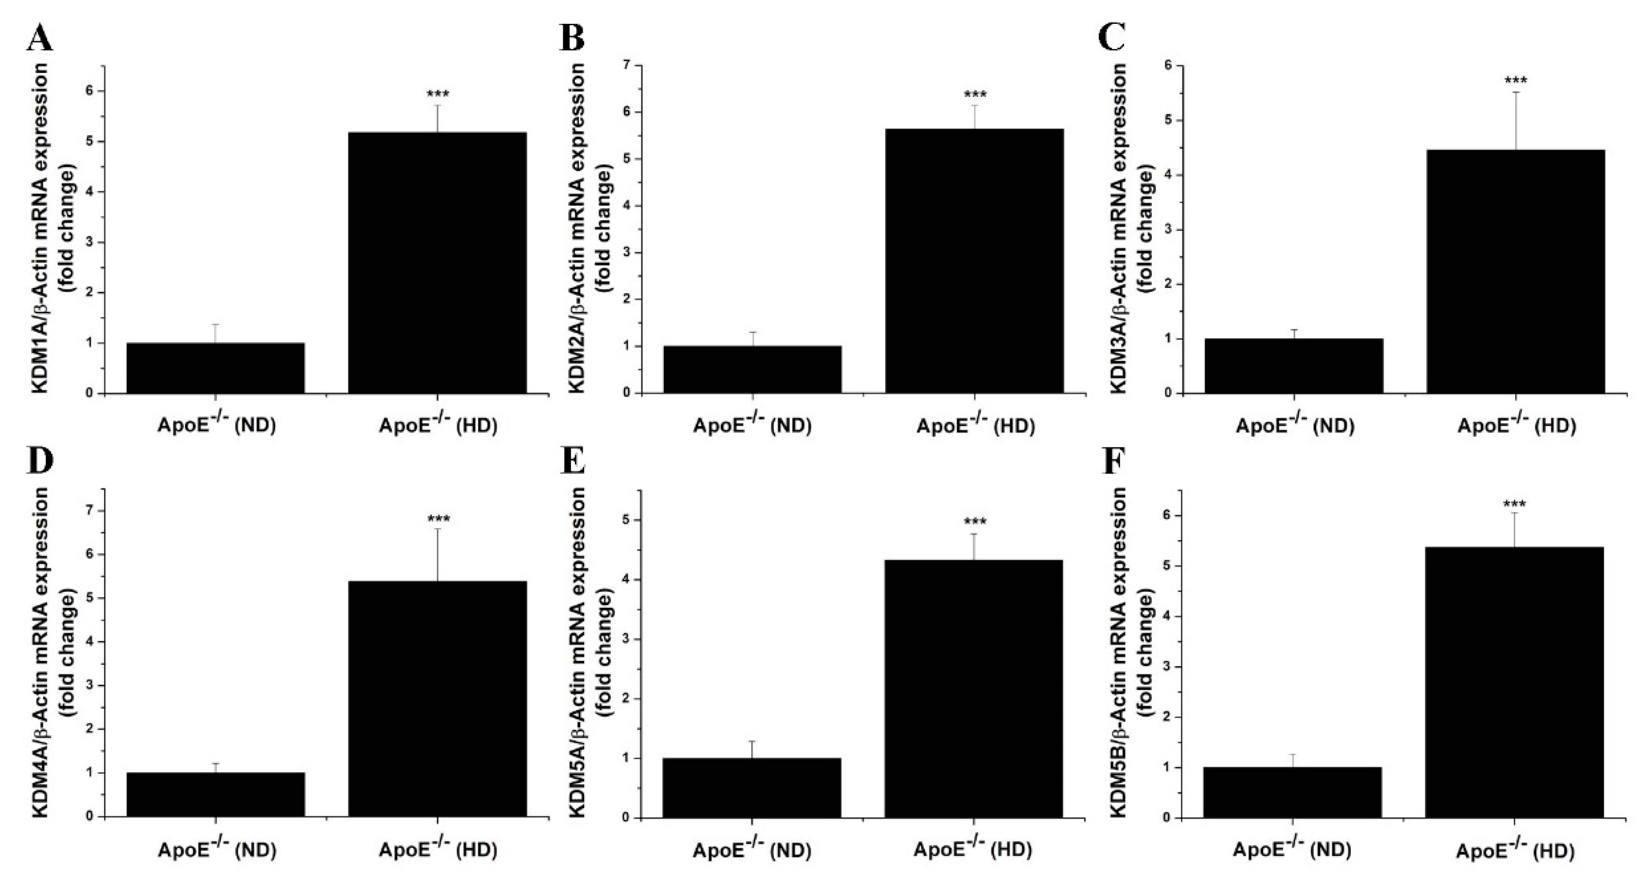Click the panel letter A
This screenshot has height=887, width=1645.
(39, 39)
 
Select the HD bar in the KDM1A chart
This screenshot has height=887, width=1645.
(437, 262)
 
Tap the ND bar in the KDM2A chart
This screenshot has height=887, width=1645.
(752, 369)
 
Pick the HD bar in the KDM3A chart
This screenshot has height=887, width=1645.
(1515, 271)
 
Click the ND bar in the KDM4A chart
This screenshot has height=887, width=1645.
(216, 795)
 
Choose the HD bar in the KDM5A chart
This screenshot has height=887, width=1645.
(974, 689)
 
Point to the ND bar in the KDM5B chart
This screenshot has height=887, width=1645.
(1292, 792)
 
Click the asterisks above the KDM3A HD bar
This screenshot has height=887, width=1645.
(1515, 81)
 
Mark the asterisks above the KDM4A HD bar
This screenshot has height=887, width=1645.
(438, 518)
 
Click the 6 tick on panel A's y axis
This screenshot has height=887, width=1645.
(89, 90)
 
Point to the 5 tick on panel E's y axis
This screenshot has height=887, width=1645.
(626, 520)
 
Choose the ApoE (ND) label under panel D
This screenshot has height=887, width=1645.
(216, 850)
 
